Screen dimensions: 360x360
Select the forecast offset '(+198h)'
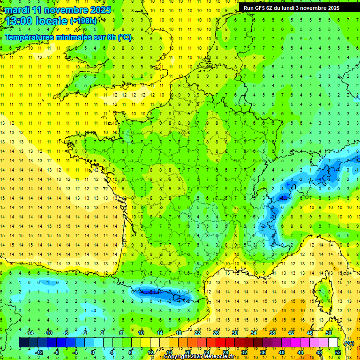coord(84,21)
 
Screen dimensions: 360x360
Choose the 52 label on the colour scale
coord(337,352)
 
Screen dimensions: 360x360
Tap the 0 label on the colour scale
coord(93,352)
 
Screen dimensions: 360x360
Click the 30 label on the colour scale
coord(234,332)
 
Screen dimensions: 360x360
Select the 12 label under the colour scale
coord(151,352)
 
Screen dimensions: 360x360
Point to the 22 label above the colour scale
coord(197,332)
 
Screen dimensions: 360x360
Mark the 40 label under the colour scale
coord(282,352)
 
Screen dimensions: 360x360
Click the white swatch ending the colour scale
coord(333,343)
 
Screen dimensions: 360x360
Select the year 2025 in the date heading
coord(101,10)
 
